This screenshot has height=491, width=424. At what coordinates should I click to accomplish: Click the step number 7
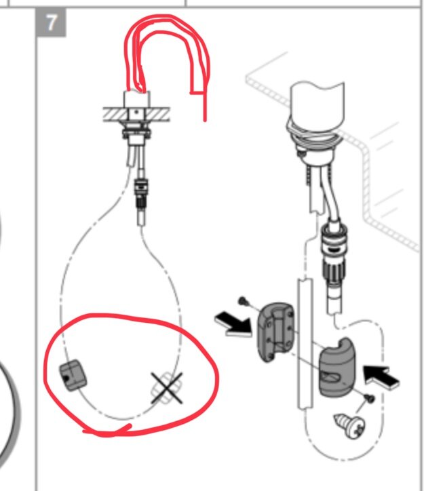pyautogui.click(x=51, y=23)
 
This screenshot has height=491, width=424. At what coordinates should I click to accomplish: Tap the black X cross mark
pyautogui.click(x=167, y=388)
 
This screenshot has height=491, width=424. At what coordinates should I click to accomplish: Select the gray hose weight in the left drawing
pyautogui.click(x=73, y=375)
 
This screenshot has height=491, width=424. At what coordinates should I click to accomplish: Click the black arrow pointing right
pyautogui.click(x=233, y=324)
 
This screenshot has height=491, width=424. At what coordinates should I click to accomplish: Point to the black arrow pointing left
pyautogui.click(x=381, y=377)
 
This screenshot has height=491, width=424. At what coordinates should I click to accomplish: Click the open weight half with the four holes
pyautogui.click(x=276, y=332)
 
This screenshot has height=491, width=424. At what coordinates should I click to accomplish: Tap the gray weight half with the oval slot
pyautogui.click(x=337, y=367)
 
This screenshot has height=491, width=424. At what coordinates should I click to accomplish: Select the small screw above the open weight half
pyautogui.click(x=244, y=301)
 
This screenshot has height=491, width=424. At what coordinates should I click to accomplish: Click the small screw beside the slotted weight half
pyautogui.click(x=370, y=398)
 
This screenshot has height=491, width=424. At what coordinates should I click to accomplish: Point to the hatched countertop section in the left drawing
pyautogui.click(x=136, y=115)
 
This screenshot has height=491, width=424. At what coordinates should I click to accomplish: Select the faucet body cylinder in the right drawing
pyautogui.click(x=317, y=105)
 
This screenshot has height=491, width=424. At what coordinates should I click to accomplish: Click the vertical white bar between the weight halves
pyautogui.click(x=305, y=344)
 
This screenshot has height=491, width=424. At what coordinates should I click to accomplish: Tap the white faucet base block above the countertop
pyautogui.click(x=137, y=99)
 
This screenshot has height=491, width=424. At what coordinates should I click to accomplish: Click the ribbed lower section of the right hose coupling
pyautogui.click(x=334, y=271)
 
